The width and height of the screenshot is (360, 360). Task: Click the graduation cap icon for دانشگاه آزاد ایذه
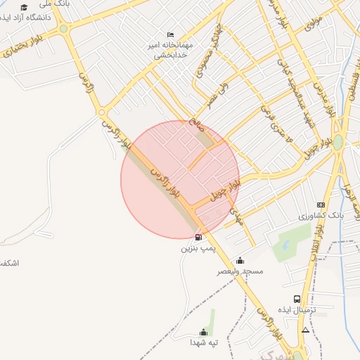coord(24,7)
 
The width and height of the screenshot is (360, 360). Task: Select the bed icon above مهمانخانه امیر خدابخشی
coord(170,34)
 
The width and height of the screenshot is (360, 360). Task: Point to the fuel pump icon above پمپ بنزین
coord(198,237)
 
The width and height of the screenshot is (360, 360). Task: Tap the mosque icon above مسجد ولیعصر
coord(240,260)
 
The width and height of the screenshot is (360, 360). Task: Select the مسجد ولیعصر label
coord(240,271)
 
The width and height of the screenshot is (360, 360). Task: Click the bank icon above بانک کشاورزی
coord(321,205)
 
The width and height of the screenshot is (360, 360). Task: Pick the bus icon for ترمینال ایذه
coord(297,299)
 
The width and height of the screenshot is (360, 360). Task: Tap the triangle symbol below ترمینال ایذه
coord(305,329)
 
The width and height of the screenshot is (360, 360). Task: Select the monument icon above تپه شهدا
coord(204,332)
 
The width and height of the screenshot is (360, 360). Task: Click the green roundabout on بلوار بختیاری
coord(64,30)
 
